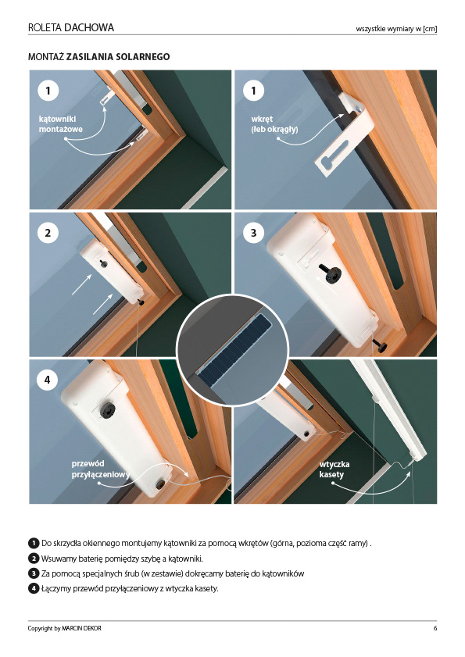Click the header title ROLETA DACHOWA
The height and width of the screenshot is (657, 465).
click(x=71, y=27)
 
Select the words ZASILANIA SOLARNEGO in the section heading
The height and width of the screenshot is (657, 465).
click(x=118, y=56)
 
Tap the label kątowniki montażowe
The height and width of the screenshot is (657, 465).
click(x=60, y=124)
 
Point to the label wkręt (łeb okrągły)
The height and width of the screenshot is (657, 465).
click(x=274, y=124)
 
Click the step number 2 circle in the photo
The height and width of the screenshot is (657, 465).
click(x=48, y=233)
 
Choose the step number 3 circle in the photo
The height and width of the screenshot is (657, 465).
click(x=253, y=233)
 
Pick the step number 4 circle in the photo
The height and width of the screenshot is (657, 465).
click(x=47, y=380)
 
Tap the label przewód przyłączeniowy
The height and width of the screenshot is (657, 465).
click(x=101, y=470)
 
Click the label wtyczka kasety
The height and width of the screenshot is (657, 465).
click(x=334, y=470)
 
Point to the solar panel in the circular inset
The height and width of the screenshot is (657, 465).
click(x=234, y=350)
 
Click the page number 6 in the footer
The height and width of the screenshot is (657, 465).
click(x=435, y=628)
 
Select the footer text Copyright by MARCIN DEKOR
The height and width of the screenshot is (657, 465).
click(x=65, y=628)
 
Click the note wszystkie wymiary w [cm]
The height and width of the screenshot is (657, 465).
click(x=396, y=29)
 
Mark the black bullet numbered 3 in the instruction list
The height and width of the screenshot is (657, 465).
click(x=34, y=573)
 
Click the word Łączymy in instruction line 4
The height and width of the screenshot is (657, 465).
click(x=56, y=589)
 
